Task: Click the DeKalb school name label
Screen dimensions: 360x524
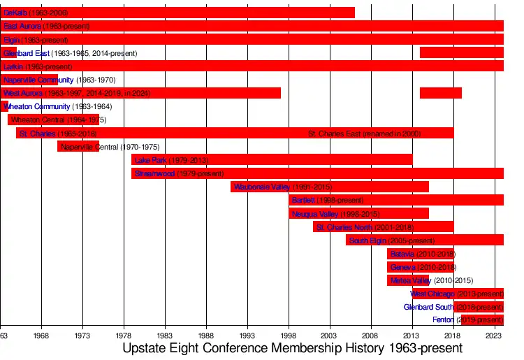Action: coord(15,13)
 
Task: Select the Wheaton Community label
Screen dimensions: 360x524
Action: coord(37,106)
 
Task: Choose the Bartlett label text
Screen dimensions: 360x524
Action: coord(303,200)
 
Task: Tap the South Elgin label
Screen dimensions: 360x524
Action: coord(367,240)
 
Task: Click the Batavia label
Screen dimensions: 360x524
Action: coord(402,254)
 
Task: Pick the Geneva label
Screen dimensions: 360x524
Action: coord(403,267)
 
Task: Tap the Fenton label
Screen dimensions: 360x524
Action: coord(443,320)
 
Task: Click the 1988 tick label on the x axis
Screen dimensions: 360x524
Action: coord(206,336)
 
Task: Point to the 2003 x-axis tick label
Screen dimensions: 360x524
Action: coord(330,336)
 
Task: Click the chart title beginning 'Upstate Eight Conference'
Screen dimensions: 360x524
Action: coord(292,348)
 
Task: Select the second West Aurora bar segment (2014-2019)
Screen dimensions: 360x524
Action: coord(441,93)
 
